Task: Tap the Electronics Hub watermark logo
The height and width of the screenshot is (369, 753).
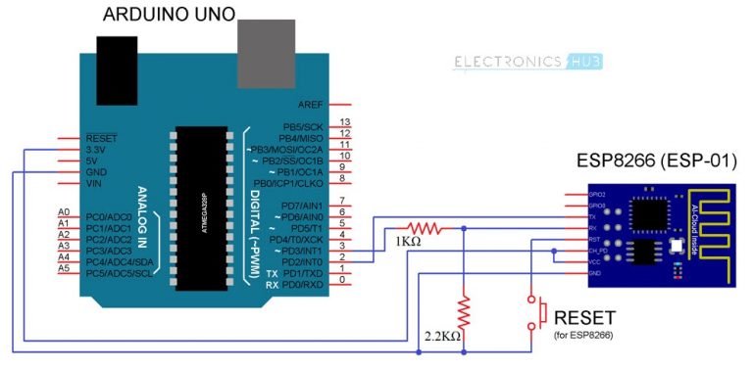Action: (528, 62)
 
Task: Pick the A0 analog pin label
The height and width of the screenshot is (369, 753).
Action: (64, 212)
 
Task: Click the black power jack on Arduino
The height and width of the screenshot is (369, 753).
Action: (119, 53)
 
